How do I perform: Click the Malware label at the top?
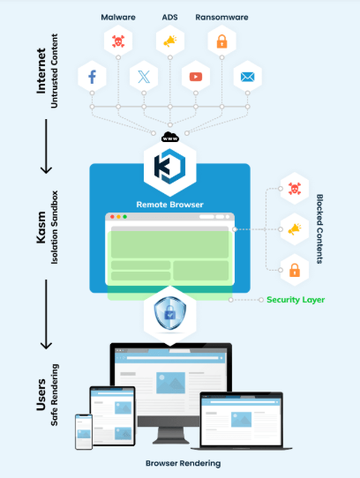pyautogui.click(x=118, y=17)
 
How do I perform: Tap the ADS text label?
pyautogui.click(x=169, y=17)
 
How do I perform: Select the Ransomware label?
pyautogui.click(x=221, y=17)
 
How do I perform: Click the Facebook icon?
pyautogui.click(x=92, y=77)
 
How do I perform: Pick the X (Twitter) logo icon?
pyautogui.click(x=144, y=77)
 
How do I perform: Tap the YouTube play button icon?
pyautogui.click(x=196, y=77)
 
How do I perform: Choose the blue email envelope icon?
pyautogui.click(x=247, y=77)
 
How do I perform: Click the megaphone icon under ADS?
pyautogui.click(x=170, y=41)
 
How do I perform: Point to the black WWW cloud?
pyautogui.click(x=170, y=137)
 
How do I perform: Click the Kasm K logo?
pyautogui.click(x=169, y=167)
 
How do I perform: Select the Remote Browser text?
pyautogui.click(x=169, y=205)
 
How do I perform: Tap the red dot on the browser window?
pyautogui.click(x=112, y=217)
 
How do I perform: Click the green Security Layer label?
pyautogui.click(x=296, y=300)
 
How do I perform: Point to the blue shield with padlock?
pyautogui.click(x=170, y=313)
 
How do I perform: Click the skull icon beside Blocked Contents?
pyautogui.click(x=295, y=189)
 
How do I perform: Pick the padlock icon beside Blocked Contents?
pyautogui.click(x=295, y=270)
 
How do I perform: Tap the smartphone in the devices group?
pyautogui.click(x=84, y=431)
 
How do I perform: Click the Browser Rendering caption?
pyautogui.click(x=183, y=463)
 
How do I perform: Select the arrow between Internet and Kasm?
pyautogui.click(x=47, y=146)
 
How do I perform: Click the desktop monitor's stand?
pyautogui.click(x=170, y=435)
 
